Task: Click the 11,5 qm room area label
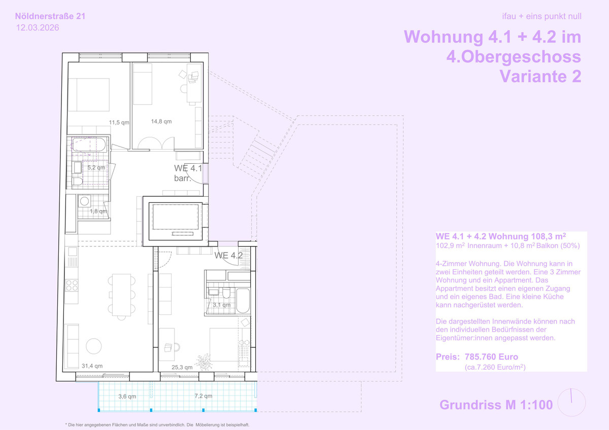pos(119,123)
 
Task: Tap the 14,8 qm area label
pos(161,121)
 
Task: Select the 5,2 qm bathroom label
pos(96,168)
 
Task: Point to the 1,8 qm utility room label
pos(98,211)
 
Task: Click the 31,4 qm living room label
pos(92,366)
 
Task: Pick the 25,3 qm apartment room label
pos(182,367)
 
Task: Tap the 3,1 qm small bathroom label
pos(222,305)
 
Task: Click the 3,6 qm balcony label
pos(127,397)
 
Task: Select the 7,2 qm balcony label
pos(204,396)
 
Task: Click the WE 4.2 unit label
pos(228,256)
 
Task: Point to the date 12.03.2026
pos(38,28)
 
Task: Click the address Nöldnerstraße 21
pos(50,16)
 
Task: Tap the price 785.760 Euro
pos(491,356)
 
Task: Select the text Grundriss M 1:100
pos(496,405)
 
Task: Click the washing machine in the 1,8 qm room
pos(84,201)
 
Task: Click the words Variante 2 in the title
pos(540,77)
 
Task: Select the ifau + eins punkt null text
pos(542,16)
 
